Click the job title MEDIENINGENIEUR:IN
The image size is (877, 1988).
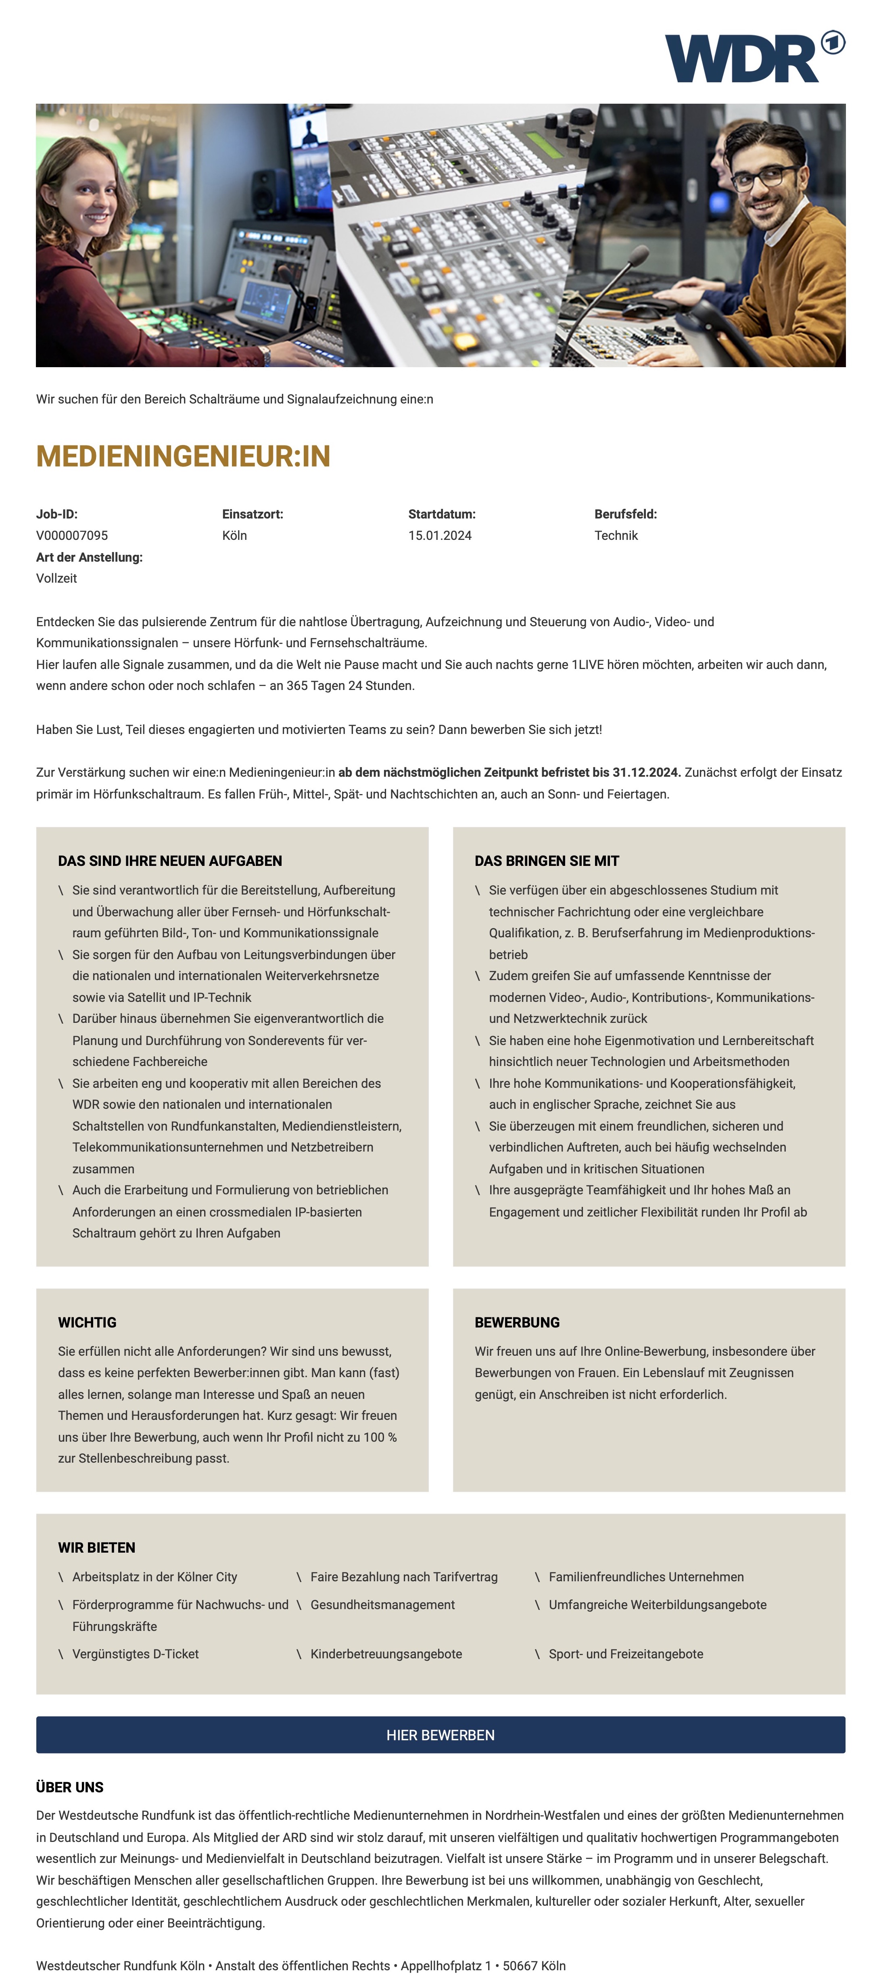(x=183, y=456)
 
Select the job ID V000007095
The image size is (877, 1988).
(x=72, y=535)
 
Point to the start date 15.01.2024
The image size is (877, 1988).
(x=440, y=535)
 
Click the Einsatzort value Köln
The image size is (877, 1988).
(x=234, y=535)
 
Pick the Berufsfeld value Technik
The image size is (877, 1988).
(x=616, y=535)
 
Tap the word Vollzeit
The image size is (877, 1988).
(x=56, y=578)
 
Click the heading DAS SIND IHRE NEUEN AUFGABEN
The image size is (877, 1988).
(x=170, y=861)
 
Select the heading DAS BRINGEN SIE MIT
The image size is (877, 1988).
(x=547, y=861)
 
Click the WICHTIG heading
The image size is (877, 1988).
(x=87, y=1322)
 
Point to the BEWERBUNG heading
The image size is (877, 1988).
(x=517, y=1322)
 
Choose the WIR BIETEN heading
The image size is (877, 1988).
(x=96, y=1547)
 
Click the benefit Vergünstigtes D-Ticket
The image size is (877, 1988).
(x=135, y=1654)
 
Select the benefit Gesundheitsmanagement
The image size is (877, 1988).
(x=382, y=1604)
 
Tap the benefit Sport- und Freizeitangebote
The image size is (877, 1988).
(x=626, y=1654)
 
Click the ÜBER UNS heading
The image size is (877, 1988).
(x=69, y=1787)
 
